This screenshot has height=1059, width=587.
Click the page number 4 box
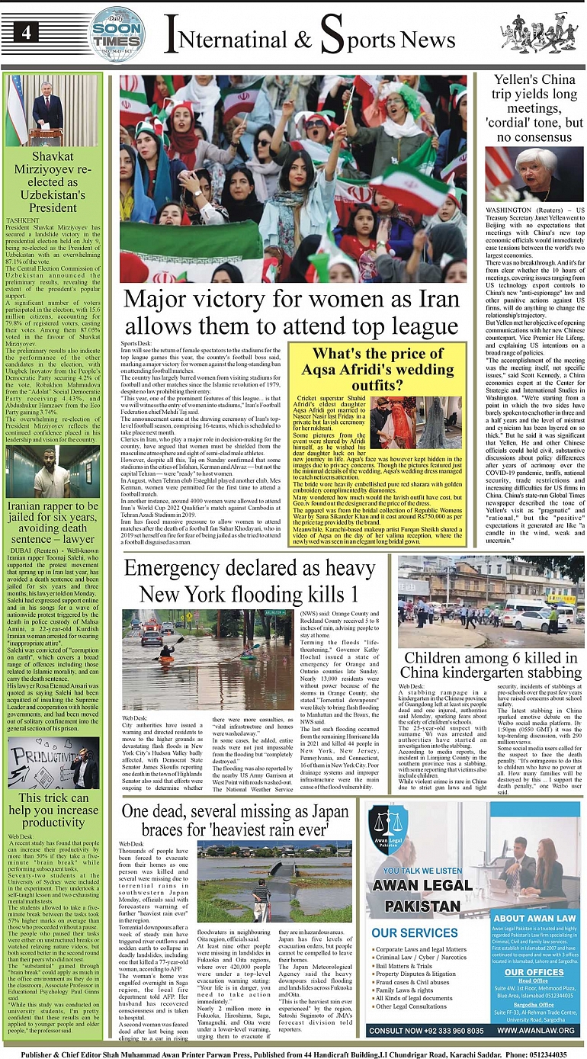(x=26, y=32)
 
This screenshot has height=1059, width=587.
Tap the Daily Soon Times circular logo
(x=116, y=33)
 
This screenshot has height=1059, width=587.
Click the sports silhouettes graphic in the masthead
(x=538, y=33)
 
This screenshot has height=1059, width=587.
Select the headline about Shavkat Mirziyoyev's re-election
(x=53, y=182)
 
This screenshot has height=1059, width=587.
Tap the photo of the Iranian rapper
(x=53, y=470)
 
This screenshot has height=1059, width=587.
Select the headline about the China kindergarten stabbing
(x=490, y=666)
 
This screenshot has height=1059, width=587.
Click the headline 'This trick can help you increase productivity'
(x=53, y=810)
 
